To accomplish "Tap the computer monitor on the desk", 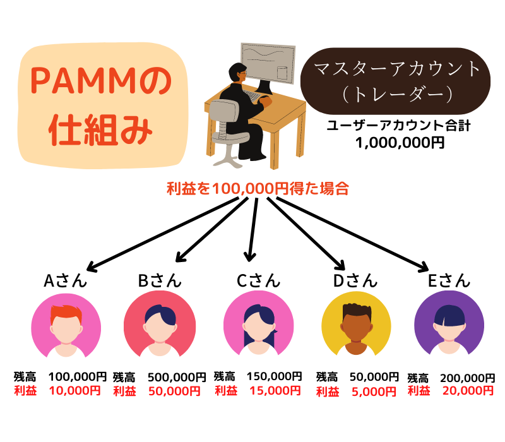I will pos(268,60).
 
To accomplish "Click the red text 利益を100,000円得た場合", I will pos(258,188).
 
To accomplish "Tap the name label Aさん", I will pos(65,280).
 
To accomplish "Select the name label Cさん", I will pos(258,280).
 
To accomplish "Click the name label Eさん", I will pos(449,280).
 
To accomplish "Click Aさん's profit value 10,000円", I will pos(74,391).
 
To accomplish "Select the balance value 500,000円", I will pos(177,377).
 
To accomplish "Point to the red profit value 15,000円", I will pos(275,391).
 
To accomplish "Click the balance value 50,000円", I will pos(373,377).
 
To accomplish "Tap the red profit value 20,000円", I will pos(467,391).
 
